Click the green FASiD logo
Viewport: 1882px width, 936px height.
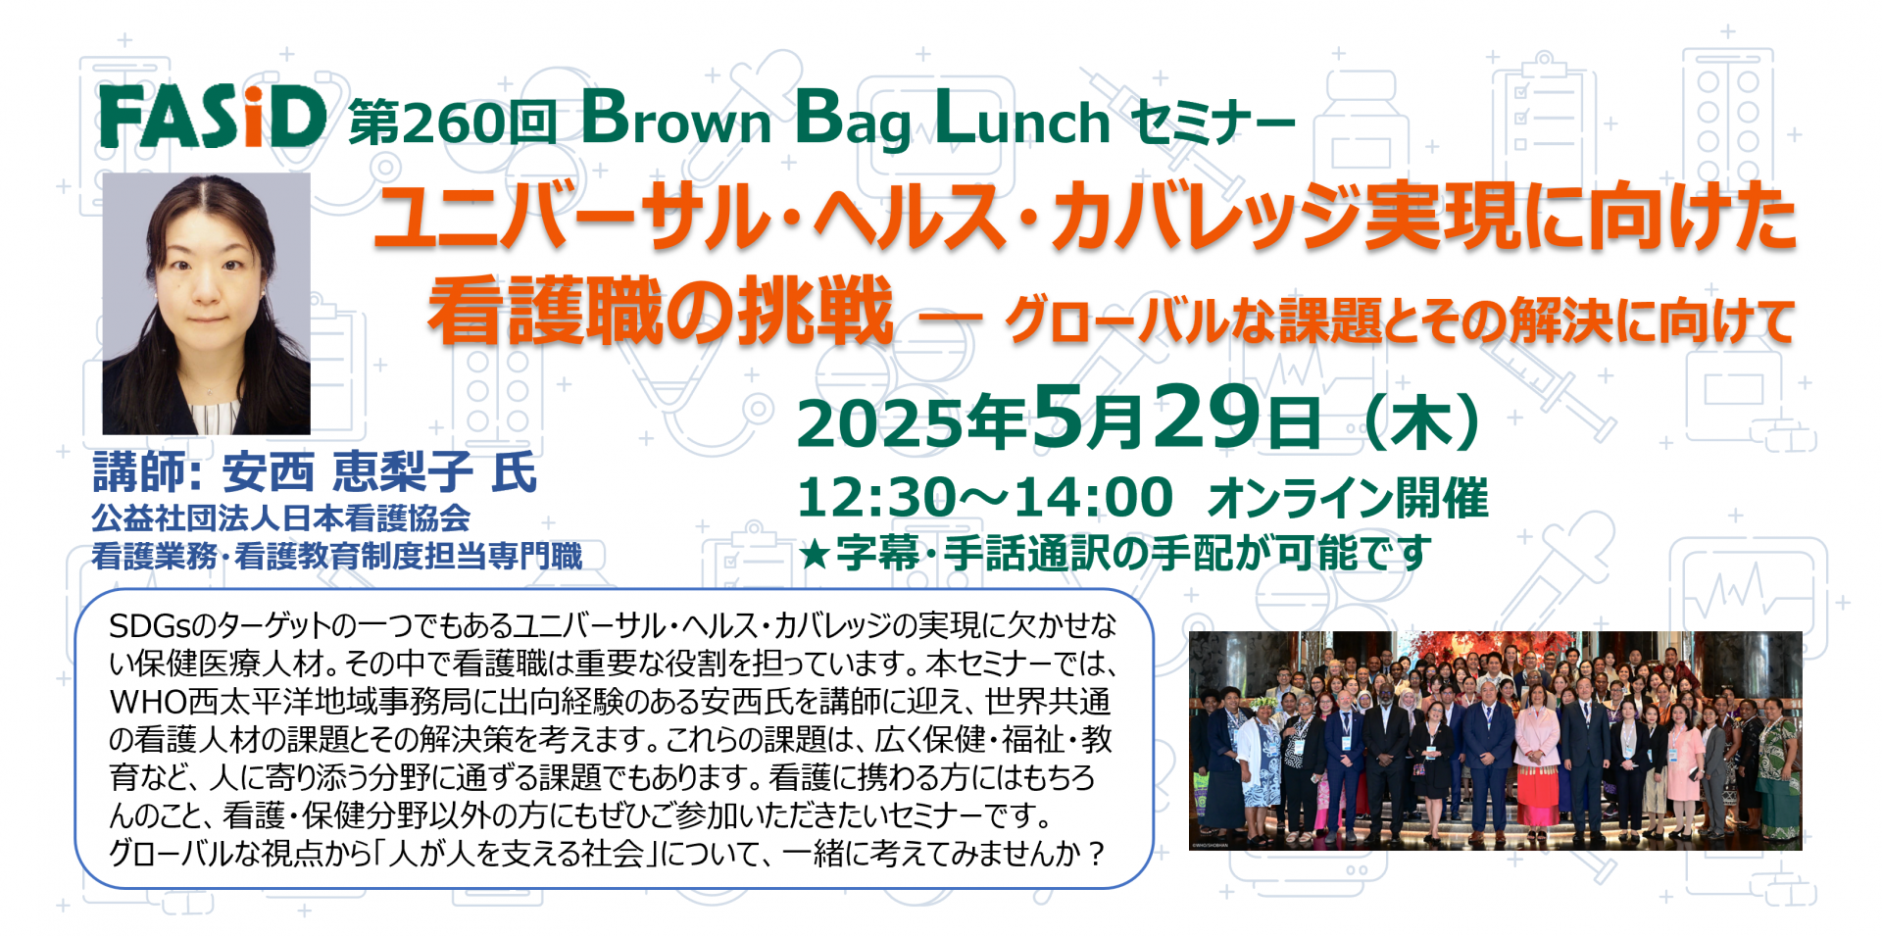213,117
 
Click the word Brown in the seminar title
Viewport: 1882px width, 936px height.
676,119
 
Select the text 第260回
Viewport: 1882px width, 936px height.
453,123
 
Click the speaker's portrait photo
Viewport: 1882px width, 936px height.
207,304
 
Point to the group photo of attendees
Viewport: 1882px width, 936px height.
1495,740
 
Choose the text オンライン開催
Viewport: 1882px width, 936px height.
1348,498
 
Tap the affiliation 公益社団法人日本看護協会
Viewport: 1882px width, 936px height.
281,517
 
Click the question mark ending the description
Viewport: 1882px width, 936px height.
1097,854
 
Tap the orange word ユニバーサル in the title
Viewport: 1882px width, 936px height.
574,218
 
